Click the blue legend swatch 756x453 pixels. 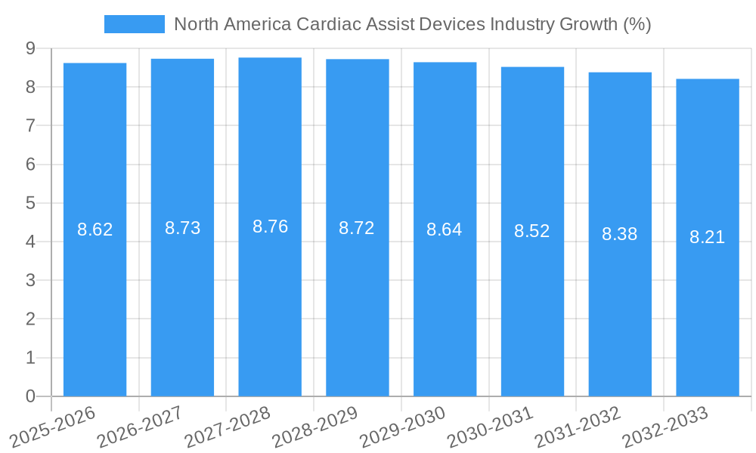pyautogui.click(x=134, y=24)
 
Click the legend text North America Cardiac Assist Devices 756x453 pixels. pyautogui.click(x=412, y=24)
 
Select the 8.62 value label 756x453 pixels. pyautogui.click(x=95, y=230)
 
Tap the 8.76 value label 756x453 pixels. pyautogui.click(x=270, y=226)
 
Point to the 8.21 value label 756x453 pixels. pyautogui.click(x=707, y=237)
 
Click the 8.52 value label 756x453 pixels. pyautogui.click(x=532, y=232)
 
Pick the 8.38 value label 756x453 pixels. pyautogui.click(x=619, y=234)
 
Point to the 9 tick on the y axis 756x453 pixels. pyautogui.click(x=30, y=48)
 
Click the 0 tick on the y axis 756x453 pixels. pyautogui.click(x=30, y=396)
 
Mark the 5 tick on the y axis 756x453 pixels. pyautogui.click(x=30, y=203)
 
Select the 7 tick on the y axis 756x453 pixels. pyautogui.click(x=30, y=125)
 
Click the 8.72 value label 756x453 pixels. pyautogui.click(x=357, y=228)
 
